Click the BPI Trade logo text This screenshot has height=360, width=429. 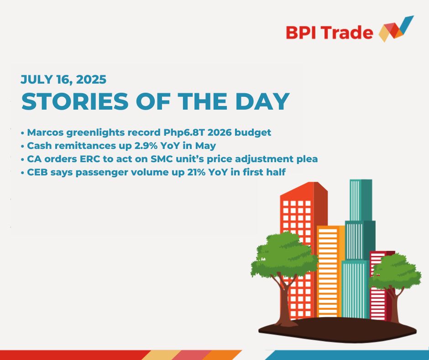(330, 32)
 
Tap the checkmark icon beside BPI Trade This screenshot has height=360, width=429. (396, 29)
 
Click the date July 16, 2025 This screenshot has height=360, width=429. (63, 80)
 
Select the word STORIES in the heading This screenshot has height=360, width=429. (75, 101)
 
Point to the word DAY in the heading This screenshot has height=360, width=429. (262, 101)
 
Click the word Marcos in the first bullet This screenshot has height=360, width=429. (46, 132)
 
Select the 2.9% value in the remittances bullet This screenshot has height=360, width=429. (146, 146)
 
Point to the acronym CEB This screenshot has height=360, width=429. (37, 172)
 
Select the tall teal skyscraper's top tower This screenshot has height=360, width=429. (361, 200)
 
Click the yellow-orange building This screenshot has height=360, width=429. (330, 271)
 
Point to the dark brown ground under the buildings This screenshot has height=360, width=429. (337, 330)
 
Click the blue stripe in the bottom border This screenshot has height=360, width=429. (347, 355)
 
